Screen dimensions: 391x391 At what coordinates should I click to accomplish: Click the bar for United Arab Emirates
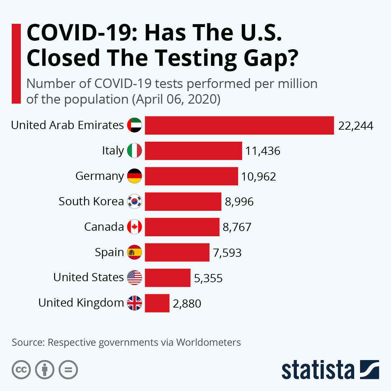tap(239, 125)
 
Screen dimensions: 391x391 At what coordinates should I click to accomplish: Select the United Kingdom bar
tap(157, 303)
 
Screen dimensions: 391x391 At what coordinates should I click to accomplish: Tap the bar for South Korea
tap(183, 202)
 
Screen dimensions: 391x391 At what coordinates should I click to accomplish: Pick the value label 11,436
tap(263, 151)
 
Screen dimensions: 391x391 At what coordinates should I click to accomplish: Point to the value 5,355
tap(208, 278)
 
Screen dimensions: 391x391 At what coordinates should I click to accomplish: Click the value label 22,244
tap(355, 126)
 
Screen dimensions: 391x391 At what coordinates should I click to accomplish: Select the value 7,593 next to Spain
tap(227, 253)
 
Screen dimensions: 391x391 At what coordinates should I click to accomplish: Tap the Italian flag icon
tap(134, 151)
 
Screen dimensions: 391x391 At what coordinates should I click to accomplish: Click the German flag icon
tap(134, 176)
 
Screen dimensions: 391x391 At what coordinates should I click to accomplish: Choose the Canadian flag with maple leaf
tap(134, 227)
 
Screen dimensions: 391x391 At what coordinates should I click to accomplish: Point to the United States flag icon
tap(134, 278)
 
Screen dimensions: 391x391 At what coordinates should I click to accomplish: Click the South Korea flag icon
tap(134, 202)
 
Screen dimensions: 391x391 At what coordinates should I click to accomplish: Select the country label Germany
tap(99, 176)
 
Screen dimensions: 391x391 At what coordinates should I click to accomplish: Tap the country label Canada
tap(104, 227)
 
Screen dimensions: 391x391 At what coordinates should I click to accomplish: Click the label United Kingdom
tap(81, 303)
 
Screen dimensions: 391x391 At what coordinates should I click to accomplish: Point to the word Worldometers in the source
tap(209, 342)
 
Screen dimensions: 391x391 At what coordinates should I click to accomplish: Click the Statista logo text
tap(318, 370)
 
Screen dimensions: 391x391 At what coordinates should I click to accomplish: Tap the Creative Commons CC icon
tap(21, 370)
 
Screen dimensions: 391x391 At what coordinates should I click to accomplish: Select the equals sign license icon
tap(68, 370)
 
